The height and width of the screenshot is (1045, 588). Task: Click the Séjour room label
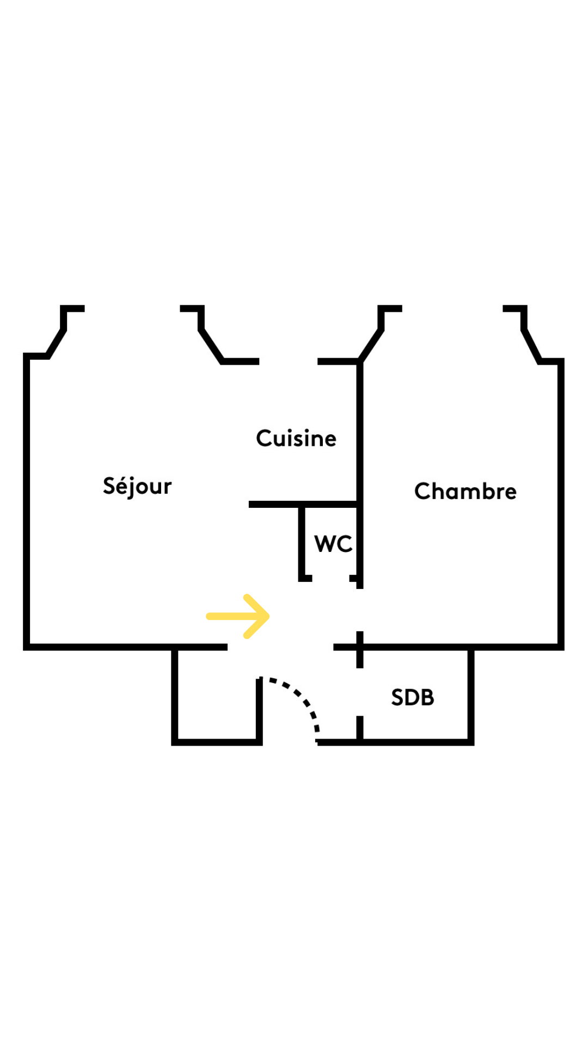[x=137, y=486]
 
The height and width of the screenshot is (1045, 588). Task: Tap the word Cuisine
[x=296, y=438]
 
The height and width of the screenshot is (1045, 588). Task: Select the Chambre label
[x=465, y=491]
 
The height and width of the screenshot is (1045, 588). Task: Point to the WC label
[x=333, y=544]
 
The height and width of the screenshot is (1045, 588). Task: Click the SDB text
[x=413, y=697]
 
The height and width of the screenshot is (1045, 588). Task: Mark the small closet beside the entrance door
[x=217, y=694]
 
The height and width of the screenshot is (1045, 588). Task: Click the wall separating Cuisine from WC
[x=303, y=505]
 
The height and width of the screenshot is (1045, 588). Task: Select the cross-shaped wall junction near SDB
[x=360, y=647]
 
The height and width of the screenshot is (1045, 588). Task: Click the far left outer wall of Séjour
[x=26, y=501]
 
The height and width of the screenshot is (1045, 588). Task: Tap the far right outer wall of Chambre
[x=561, y=504]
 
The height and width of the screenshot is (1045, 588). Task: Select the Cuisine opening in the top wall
[x=289, y=361]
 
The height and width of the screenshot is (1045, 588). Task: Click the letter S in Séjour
[x=109, y=485]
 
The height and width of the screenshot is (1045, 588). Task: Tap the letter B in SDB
[x=427, y=697]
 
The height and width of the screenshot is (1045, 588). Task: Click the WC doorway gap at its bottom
[x=331, y=578]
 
